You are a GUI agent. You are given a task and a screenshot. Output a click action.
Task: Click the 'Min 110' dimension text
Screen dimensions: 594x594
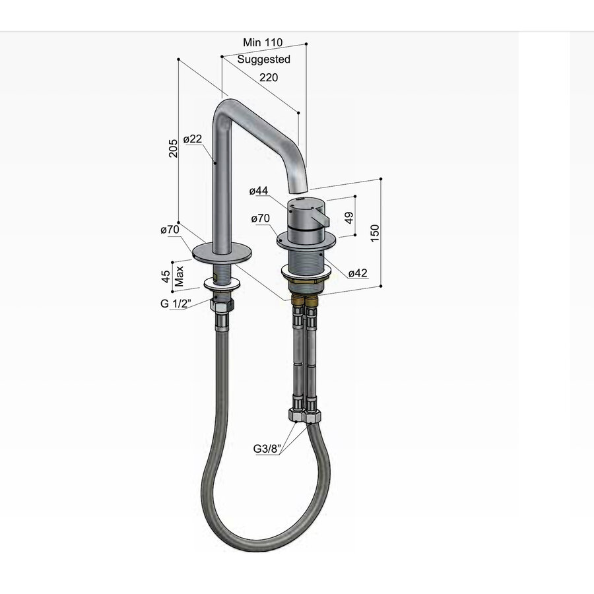pos(263,42)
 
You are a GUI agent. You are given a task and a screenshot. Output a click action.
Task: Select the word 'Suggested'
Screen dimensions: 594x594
pos(264,59)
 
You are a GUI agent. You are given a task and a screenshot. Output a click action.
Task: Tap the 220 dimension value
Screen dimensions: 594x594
pos(268,77)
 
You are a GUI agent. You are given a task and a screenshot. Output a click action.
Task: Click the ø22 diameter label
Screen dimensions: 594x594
pos(192,139)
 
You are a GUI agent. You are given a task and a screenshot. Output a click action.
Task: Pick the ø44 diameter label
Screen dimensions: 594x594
pos(259,191)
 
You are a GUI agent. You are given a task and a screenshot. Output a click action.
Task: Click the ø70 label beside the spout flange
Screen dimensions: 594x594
pos(170,230)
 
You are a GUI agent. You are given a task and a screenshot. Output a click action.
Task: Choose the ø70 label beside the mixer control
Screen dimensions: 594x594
pos(259,218)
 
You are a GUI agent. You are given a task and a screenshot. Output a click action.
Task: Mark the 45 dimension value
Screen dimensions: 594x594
pos(166,275)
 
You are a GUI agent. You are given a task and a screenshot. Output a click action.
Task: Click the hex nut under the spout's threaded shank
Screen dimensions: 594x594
pos(220,307)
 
